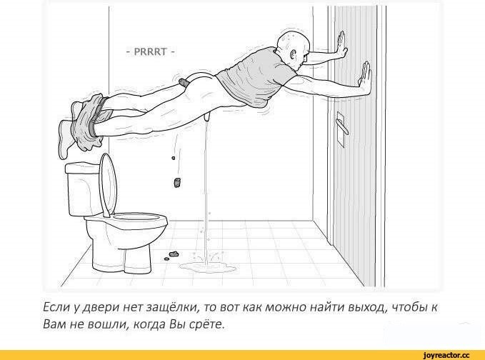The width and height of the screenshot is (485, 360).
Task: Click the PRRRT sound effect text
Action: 150,51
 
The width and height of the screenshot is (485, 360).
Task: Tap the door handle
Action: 342,127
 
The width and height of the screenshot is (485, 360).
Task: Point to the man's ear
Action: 294,55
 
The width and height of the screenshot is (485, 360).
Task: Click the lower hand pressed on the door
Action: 365,78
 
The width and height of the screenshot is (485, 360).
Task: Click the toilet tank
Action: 84,189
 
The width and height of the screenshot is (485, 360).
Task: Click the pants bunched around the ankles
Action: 90,122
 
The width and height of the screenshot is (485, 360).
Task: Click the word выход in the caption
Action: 367,308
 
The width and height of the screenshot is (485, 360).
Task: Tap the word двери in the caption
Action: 103,309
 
